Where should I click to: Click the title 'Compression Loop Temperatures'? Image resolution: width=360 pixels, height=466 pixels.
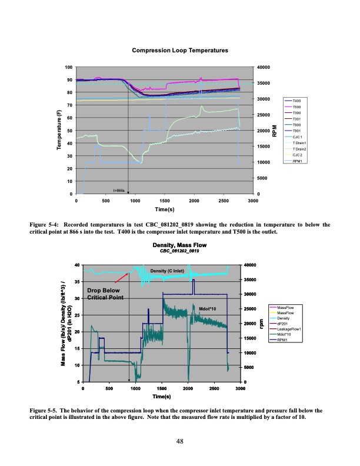[x=179, y=52]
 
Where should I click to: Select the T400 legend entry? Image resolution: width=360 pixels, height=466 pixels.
[x=296, y=102]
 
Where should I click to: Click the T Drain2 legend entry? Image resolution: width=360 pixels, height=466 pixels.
[x=301, y=149]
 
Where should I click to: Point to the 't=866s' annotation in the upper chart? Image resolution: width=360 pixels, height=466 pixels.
[x=119, y=190]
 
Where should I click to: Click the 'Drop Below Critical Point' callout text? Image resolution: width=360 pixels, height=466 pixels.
[x=104, y=294]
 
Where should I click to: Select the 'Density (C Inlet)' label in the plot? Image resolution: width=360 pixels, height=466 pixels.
[x=168, y=271]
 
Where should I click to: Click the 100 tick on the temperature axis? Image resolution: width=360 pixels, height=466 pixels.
[x=69, y=67]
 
